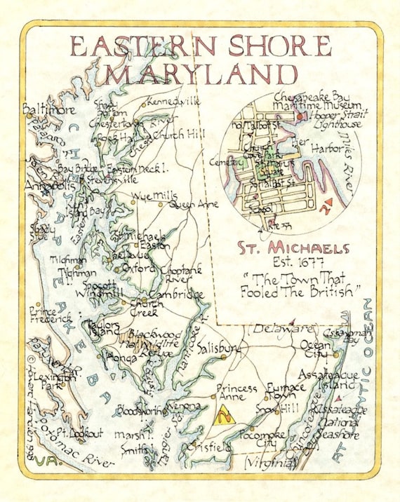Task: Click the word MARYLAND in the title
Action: coord(200,74)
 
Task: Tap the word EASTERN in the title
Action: coord(138,46)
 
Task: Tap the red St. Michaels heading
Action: coord(292,249)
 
